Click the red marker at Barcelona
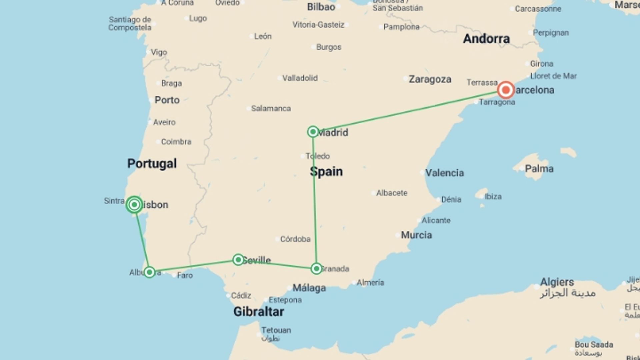(x=506, y=90)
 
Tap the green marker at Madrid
(x=313, y=132)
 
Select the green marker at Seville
(x=238, y=260)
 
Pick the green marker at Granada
(x=316, y=268)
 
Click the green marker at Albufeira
(x=149, y=272)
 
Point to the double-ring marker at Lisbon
(x=134, y=204)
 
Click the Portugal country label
(x=152, y=163)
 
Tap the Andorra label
(x=486, y=39)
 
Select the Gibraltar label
(x=258, y=312)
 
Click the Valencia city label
(x=444, y=173)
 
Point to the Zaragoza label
(x=430, y=79)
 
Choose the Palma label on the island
(x=539, y=169)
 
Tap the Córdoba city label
(x=295, y=239)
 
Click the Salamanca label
(x=271, y=108)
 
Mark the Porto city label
(x=167, y=100)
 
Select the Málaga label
(x=309, y=288)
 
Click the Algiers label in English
(x=557, y=282)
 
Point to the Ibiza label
(x=493, y=196)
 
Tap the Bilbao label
(x=321, y=7)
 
